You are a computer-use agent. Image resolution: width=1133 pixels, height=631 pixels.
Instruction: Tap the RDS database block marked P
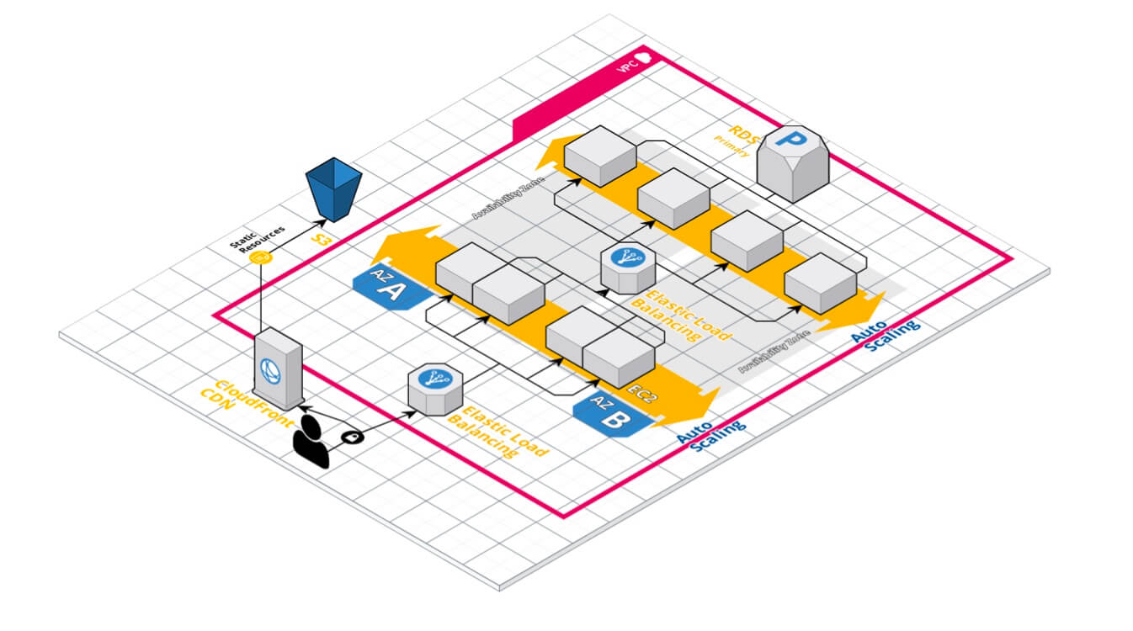793,162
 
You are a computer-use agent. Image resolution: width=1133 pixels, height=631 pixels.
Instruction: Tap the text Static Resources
258,236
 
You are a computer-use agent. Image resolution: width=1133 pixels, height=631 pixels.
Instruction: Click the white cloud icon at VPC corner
645,58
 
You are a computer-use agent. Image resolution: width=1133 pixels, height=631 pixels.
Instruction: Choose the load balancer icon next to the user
432,388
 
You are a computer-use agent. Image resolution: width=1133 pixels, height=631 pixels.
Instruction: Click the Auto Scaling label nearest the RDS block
884,331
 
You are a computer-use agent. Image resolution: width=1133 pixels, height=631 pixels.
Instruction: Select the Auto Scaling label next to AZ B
711,434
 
